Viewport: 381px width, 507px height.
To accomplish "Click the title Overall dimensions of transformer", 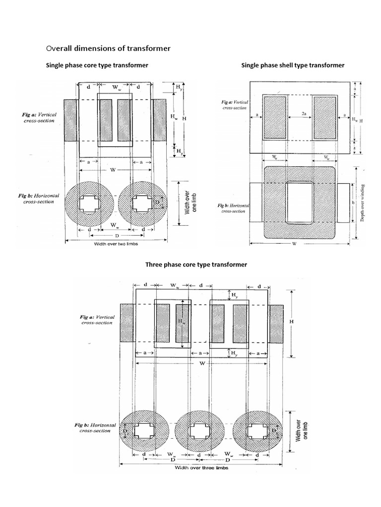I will pyautogui.click(x=108, y=49).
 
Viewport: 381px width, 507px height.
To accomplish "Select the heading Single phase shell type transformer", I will pyautogui.click(x=292, y=65).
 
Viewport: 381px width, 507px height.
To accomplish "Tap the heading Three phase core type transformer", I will pyautogui.click(x=196, y=265).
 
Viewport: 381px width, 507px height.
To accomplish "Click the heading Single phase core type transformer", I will pyautogui.click(x=97, y=65).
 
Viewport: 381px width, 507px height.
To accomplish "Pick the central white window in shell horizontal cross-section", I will pyautogui.click(x=299, y=203).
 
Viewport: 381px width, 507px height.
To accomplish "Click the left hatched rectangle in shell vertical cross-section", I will pyautogui.click(x=274, y=117).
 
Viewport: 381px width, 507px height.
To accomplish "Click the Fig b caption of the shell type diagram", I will pyautogui.click(x=233, y=208).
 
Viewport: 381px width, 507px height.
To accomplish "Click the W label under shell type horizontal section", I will pyautogui.click(x=295, y=243).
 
